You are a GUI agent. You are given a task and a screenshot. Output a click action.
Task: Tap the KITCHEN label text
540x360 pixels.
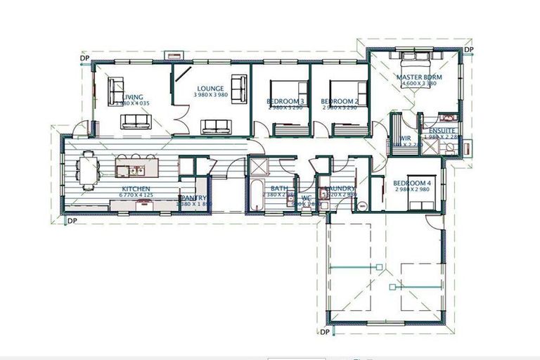136,189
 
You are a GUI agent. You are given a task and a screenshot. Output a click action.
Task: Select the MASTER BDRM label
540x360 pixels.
418,77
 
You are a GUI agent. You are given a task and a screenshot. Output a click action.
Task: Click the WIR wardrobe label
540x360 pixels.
406,139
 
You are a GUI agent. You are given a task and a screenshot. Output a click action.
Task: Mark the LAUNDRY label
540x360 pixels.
340,188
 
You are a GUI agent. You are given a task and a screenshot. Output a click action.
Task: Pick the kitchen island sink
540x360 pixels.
134,169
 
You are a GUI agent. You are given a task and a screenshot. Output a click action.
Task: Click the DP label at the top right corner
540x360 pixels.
470,50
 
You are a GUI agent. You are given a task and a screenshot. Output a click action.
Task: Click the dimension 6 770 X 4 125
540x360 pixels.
136,197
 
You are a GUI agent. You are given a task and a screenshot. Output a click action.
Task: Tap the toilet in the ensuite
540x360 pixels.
449,147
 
